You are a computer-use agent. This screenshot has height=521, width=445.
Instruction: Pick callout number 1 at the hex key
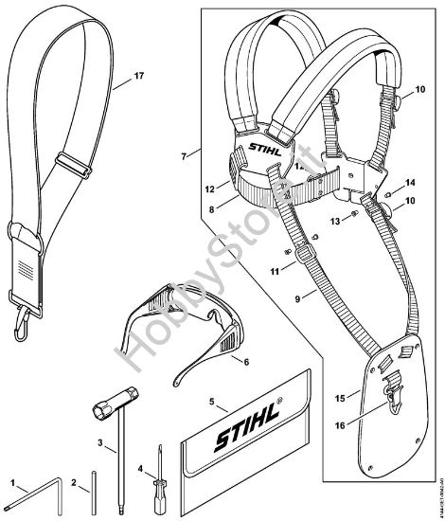[x=13, y=483]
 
